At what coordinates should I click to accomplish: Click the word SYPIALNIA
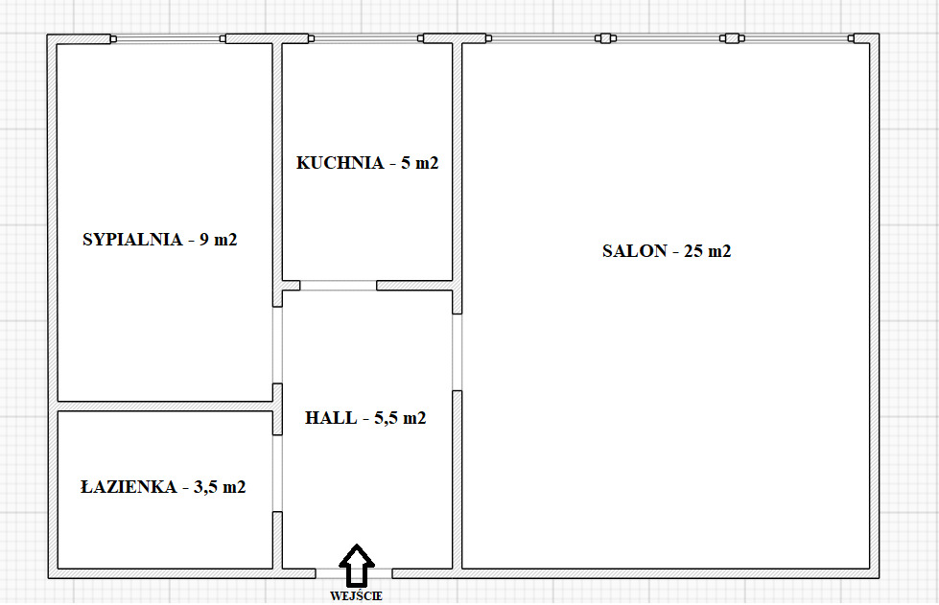point(132,240)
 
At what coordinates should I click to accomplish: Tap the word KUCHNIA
point(340,163)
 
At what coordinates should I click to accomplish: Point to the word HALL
point(331,418)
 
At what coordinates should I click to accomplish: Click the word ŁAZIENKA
point(129,486)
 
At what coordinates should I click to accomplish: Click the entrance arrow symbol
point(356,565)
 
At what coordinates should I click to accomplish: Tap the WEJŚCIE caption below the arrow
point(356,596)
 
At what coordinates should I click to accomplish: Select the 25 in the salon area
point(693,251)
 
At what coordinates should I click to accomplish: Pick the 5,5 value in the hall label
point(386,418)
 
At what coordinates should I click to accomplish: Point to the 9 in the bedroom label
point(204,240)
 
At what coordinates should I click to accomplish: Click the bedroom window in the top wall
point(168,39)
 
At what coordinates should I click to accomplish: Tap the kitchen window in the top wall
point(365,39)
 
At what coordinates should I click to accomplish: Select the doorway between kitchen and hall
point(339,286)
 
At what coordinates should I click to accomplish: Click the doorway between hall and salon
point(457,352)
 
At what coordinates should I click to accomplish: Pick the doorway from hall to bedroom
point(277,345)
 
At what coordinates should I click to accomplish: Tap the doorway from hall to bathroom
point(277,474)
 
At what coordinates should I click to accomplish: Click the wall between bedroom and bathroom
point(165,407)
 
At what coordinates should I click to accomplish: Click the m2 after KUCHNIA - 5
point(427,163)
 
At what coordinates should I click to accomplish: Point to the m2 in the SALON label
point(719,251)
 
